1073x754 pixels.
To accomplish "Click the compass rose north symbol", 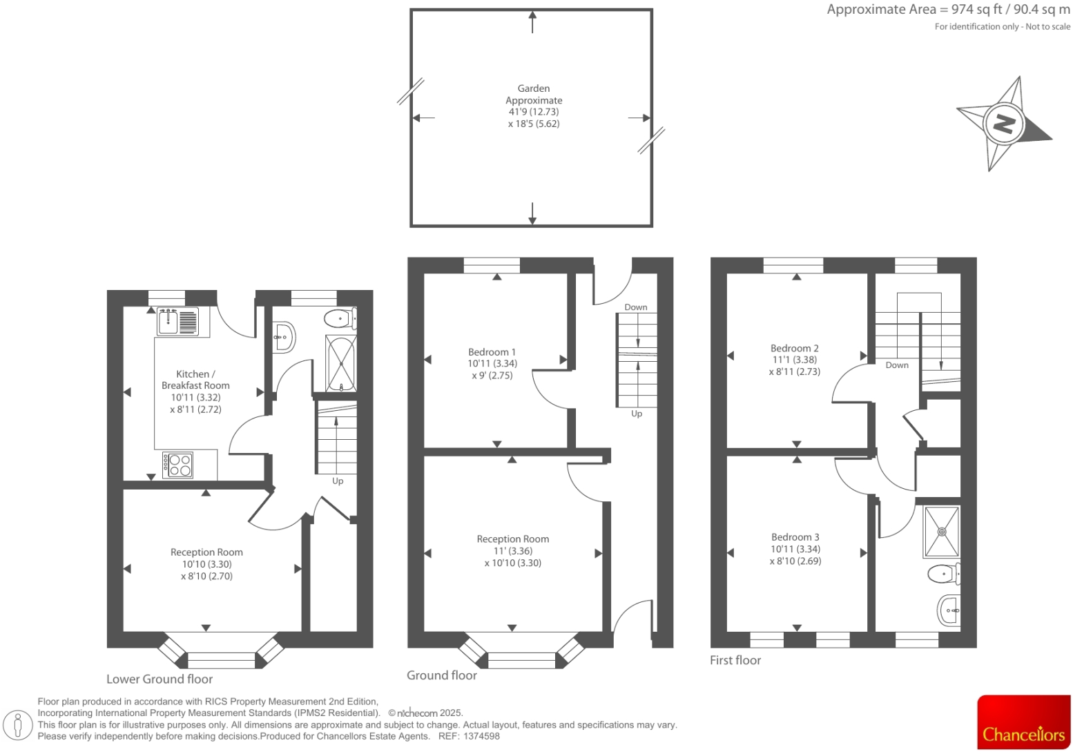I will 1003,124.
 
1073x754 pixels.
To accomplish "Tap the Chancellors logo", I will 1023,722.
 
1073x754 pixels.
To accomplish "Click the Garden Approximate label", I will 534,95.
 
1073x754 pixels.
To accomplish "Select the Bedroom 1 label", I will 492,352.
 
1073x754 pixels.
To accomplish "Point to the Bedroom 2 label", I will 795,349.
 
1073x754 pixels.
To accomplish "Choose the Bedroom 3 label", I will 795,537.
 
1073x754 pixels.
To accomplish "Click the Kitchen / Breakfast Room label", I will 195,380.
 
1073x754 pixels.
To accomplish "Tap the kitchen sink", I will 177,321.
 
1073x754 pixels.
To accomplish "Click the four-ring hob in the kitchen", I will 179,465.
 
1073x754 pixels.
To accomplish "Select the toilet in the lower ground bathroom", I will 339,319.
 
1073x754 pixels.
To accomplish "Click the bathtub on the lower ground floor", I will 341,364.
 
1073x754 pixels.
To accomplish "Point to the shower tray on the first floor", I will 941,532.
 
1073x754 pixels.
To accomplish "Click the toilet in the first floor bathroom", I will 943,573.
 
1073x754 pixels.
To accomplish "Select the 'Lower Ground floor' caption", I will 159,679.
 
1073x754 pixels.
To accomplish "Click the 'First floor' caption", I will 735,661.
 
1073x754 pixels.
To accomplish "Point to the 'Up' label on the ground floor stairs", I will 637,414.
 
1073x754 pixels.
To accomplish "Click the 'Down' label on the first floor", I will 897,365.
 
